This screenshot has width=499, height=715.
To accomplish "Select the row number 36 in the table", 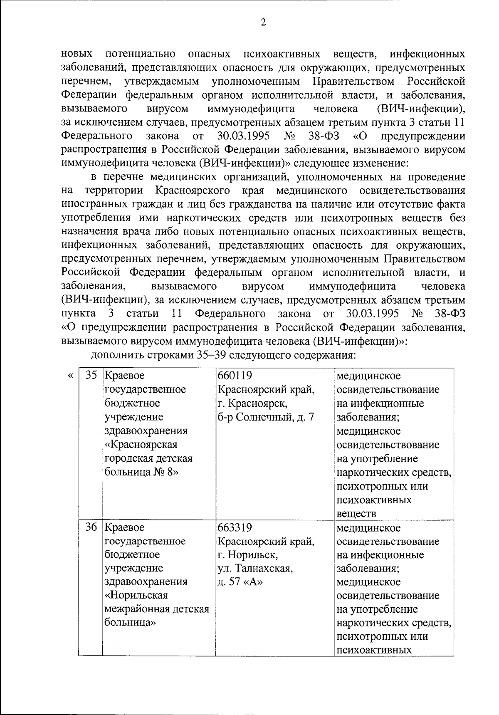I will pyautogui.click(x=91, y=528).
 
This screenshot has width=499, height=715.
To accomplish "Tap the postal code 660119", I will pyautogui.click(x=235, y=376).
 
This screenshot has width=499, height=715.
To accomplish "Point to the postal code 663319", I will pyautogui.click(x=235, y=528).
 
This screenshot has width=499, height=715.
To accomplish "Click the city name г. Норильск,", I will pyautogui.click(x=247, y=555).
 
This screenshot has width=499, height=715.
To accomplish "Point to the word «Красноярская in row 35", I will pyautogui.click(x=141, y=445).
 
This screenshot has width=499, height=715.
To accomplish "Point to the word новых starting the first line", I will pyautogui.click(x=77, y=54).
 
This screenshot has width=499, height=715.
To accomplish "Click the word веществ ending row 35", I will pyautogui.click(x=356, y=514).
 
